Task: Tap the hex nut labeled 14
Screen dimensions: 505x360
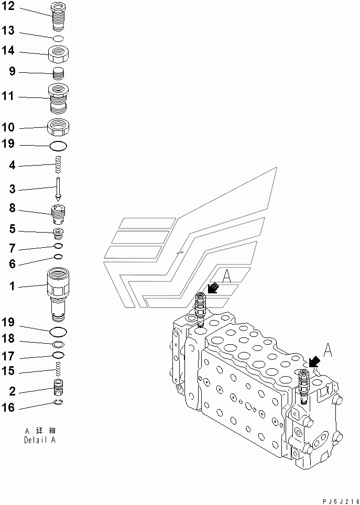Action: [x=59, y=52]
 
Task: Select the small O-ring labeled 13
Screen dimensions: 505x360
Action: [x=59, y=38]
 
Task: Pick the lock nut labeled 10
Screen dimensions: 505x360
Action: [x=59, y=126]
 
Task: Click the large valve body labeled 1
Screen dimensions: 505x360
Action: [x=58, y=293]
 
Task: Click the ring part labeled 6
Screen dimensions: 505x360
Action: [x=59, y=257]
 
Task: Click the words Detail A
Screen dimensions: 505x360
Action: [x=40, y=440]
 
